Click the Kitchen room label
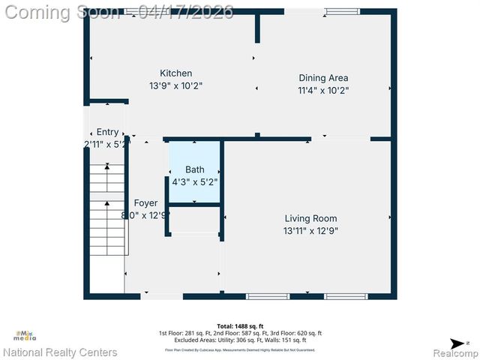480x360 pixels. click(175, 73)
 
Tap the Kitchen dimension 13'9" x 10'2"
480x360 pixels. click(175, 85)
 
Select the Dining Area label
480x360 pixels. click(323, 77)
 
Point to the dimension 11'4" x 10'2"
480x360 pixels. click(323, 90)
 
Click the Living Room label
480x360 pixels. click(310, 218)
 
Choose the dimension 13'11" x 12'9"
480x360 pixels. click(310, 231)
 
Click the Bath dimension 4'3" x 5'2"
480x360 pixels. click(195, 181)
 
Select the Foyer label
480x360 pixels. click(145, 203)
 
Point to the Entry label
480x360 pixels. click(107, 132)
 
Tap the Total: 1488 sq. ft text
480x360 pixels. click(239, 326)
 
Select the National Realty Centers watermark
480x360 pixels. click(60, 352)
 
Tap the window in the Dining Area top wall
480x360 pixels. click(341, 11)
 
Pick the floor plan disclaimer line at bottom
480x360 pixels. click(239, 349)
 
